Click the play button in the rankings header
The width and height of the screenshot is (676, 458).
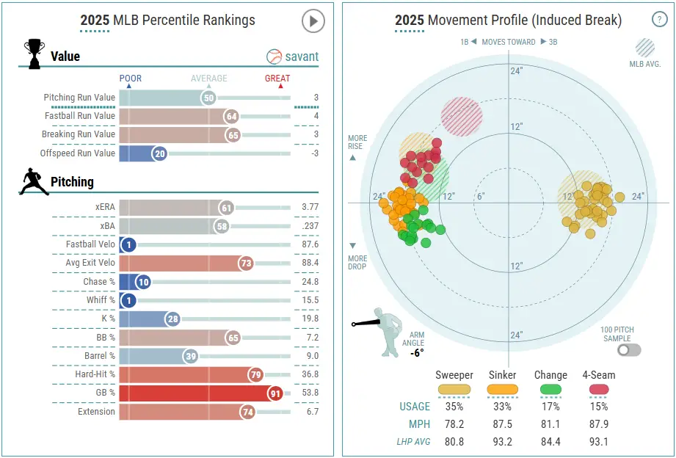[313, 21]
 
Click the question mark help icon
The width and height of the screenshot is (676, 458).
[659, 21]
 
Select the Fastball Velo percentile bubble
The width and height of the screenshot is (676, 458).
[128, 245]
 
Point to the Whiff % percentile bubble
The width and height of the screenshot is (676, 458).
[128, 300]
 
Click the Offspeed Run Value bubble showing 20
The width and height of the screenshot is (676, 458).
[159, 153]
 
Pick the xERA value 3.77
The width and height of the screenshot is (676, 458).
[310, 208]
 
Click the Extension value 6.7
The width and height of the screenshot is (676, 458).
[311, 412]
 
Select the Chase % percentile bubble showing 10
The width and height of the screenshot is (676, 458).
[142, 282]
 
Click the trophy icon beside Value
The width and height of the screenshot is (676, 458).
[34, 54]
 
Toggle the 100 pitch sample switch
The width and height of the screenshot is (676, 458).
[629, 350]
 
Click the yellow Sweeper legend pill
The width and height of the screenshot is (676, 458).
[454, 390]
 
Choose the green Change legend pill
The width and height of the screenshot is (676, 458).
[550, 390]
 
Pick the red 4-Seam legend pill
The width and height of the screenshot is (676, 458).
[598, 390]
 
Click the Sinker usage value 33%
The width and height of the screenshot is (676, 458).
[502, 407]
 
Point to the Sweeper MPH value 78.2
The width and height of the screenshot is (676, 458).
[454, 424]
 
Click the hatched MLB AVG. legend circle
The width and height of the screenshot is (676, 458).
[645, 48]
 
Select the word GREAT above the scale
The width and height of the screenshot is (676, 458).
[277, 79]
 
